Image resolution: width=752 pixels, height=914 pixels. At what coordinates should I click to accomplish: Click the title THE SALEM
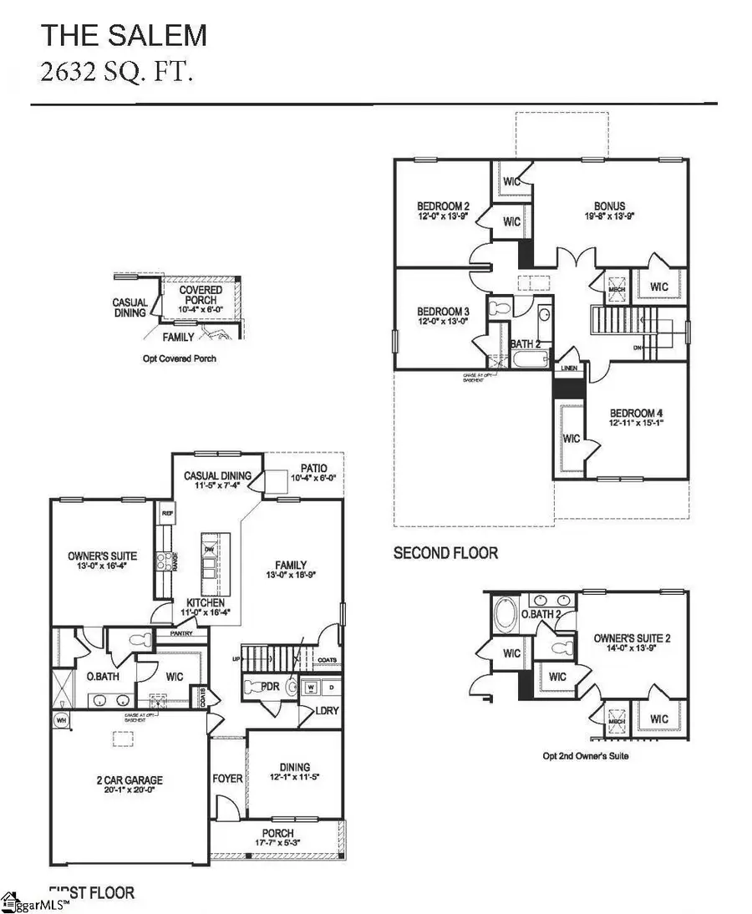pos(124,35)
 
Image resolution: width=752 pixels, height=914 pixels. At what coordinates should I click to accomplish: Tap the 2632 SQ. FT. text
pos(118,73)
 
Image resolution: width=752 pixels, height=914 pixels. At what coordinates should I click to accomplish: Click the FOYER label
pos(227,779)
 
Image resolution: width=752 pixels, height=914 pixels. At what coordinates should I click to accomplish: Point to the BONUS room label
pos(609,207)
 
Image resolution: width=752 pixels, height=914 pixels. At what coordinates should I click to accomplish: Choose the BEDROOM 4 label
pos(636,413)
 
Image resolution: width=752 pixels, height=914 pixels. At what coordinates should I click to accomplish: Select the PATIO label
pos(315,469)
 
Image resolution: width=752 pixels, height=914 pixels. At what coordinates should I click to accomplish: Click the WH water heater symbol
pos(59,719)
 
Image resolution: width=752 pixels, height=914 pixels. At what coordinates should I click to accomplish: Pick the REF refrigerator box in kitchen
pos(165,515)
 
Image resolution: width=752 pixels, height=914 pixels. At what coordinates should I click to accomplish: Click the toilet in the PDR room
pos(292,688)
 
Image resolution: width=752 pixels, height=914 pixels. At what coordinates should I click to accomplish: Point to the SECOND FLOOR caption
pos(446,553)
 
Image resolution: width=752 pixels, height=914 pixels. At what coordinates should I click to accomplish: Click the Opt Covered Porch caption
pos(179,358)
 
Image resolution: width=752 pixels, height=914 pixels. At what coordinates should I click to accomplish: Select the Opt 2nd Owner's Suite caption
pos(585,756)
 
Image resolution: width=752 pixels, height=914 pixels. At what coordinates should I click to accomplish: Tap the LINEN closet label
pos(570,368)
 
